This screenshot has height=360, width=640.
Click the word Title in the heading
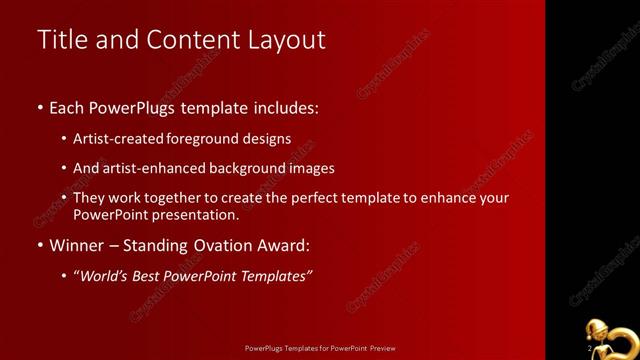pyautogui.click(x=61, y=40)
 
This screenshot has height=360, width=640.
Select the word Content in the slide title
pyautogui.click(x=188, y=40)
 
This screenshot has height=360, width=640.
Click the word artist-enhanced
pyautogui.click(x=148, y=168)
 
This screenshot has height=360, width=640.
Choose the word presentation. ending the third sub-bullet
pyautogui.click(x=198, y=214)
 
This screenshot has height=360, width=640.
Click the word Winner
pyautogui.click(x=75, y=245)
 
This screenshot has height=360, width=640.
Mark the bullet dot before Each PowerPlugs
pyautogui.click(x=39, y=107)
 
